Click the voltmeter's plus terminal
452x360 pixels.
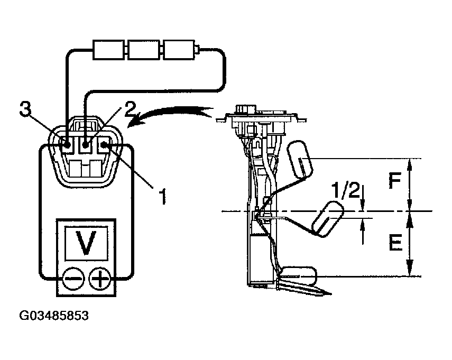98,278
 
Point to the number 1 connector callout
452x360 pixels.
163,196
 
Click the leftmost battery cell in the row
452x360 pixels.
108,50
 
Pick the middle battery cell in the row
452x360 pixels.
144,50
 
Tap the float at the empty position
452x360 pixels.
298,275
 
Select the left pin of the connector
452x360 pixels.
67,143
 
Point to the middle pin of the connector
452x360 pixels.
86,143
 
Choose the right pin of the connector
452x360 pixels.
105,143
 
